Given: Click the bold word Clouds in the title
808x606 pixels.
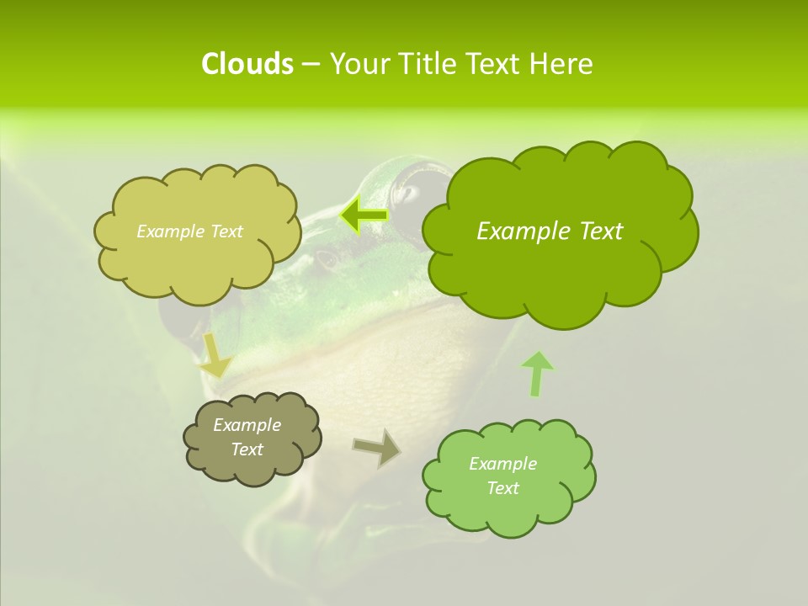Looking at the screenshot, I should pos(247,64).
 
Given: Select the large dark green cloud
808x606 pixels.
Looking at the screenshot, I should pos(555,269).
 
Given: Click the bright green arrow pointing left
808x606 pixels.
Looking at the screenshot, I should pos(364,215).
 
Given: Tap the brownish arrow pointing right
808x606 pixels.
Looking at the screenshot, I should pos(377,448).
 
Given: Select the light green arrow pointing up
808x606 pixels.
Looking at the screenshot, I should pos(536,374).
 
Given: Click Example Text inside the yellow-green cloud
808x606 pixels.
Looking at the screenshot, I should pos(189,231).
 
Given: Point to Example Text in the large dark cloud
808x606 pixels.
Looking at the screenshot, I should pos(550,231).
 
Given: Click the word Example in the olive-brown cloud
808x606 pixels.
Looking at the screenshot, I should pos(247,425).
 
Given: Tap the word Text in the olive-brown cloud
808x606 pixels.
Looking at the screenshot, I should pos(247,449).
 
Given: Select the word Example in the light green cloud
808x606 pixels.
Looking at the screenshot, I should pos(502,464).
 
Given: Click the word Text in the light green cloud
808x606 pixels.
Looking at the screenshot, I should pos(502,488).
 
